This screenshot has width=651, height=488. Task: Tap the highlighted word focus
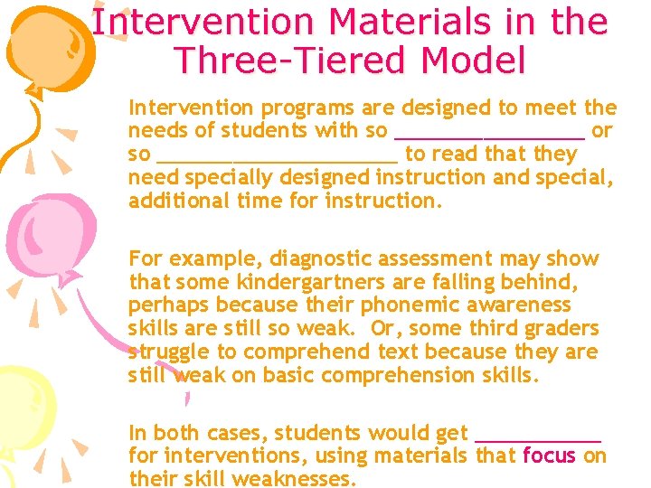click(549, 455)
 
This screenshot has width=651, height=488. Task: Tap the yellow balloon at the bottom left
click(23, 425)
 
